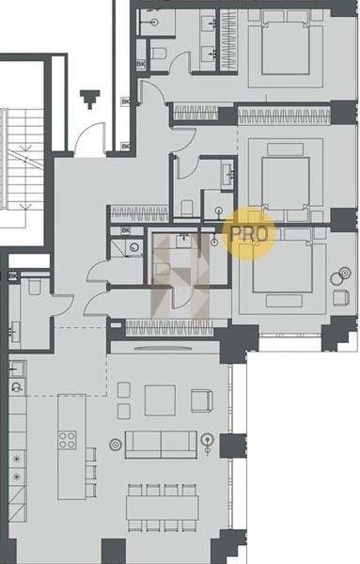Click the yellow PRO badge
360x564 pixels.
[248, 233]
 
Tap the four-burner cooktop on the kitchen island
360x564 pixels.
[68, 440]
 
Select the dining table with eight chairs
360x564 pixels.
[163, 508]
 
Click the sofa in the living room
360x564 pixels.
[161, 445]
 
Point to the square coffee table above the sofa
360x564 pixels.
[160, 400]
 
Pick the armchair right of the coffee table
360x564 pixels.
[202, 400]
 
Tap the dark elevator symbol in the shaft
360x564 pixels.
[89, 100]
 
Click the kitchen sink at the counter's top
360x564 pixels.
[17, 368]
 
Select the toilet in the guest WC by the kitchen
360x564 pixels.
[35, 287]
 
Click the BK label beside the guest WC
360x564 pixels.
[13, 276]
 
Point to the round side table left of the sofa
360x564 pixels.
[115, 445]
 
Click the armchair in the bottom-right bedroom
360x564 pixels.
[341, 297]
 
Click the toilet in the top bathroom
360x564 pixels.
[159, 54]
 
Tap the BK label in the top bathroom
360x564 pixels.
[141, 64]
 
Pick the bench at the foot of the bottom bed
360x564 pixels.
[284, 301]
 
